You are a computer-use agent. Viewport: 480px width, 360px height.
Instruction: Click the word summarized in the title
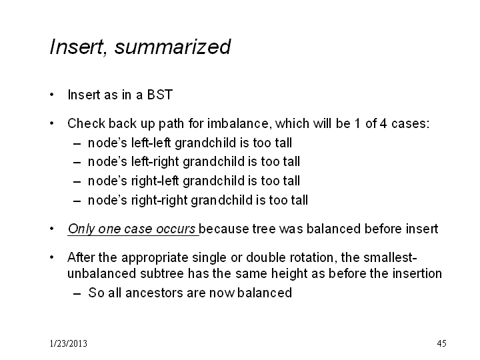pyautogui.click(x=173, y=47)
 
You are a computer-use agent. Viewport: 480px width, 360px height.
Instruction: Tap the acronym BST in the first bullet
pyautogui.click(x=160, y=95)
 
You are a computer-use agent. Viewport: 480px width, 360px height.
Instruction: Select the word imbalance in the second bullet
pyautogui.click(x=240, y=123)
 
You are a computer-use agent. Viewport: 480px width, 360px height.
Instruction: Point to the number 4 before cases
pyautogui.click(x=383, y=123)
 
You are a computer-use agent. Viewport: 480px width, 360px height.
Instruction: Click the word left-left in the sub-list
pyautogui.click(x=151, y=143)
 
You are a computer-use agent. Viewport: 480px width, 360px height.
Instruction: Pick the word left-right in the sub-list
pyautogui.click(x=155, y=161)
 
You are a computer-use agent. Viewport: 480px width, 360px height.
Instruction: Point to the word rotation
pyautogui.click(x=311, y=257)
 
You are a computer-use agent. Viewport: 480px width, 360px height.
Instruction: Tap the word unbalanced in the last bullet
pyautogui.click(x=101, y=273)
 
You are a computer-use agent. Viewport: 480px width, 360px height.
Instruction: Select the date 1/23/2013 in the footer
pyautogui.click(x=68, y=343)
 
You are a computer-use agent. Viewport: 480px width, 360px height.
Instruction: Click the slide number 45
pyautogui.click(x=441, y=343)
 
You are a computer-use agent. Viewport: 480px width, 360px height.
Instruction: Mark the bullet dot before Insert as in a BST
pyautogui.click(x=52, y=95)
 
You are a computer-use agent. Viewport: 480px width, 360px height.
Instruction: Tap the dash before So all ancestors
pyautogui.click(x=77, y=293)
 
